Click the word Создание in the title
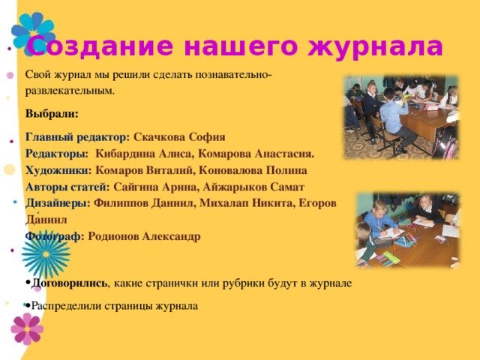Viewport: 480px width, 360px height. pyautogui.click(x=100, y=46)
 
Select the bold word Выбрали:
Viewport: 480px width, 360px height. pyautogui.click(x=52, y=114)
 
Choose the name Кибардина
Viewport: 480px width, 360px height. pyautogui.click(x=125, y=154)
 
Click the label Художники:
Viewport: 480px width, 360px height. pyautogui.click(x=58, y=170)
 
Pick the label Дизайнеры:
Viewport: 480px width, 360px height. pyautogui.click(x=58, y=203)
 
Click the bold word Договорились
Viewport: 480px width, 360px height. pyautogui.click(x=69, y=283)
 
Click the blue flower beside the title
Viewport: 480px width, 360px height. pyautogui.click(x=34, y=33)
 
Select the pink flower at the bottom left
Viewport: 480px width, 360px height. pyautogui.click(x=27, y=328)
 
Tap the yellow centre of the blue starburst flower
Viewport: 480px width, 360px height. pyautogui.click(x=46, y=254)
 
